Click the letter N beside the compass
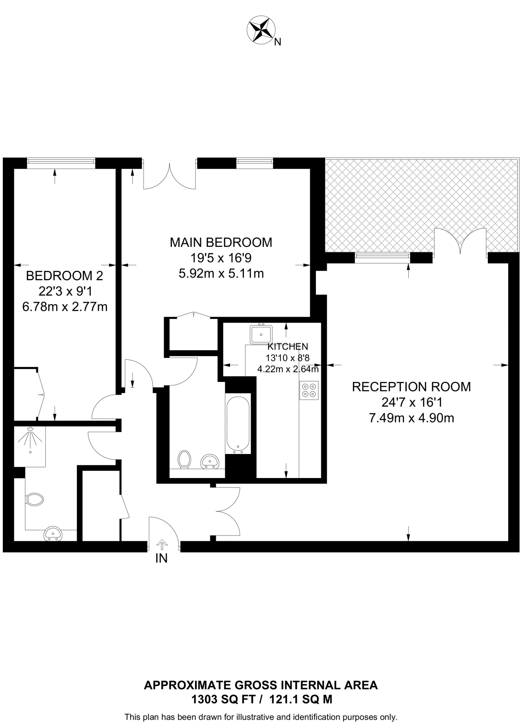(x=278, y=42)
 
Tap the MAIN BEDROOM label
(x=221, y=243)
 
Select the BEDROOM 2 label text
(x=65, y=276)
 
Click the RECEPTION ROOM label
(x=411, y=387)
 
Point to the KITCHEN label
(x=288, y=346)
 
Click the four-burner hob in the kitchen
(x=309, y=390)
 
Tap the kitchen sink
(x=261, y=334)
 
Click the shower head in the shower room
(x=30, y=429)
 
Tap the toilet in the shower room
(x=35, y=500)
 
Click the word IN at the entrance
(x=161, y=558)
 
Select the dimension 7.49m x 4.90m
(x=411, y=418)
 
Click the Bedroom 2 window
(x=61, y=161)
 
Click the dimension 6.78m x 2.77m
(x=65, y=307)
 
